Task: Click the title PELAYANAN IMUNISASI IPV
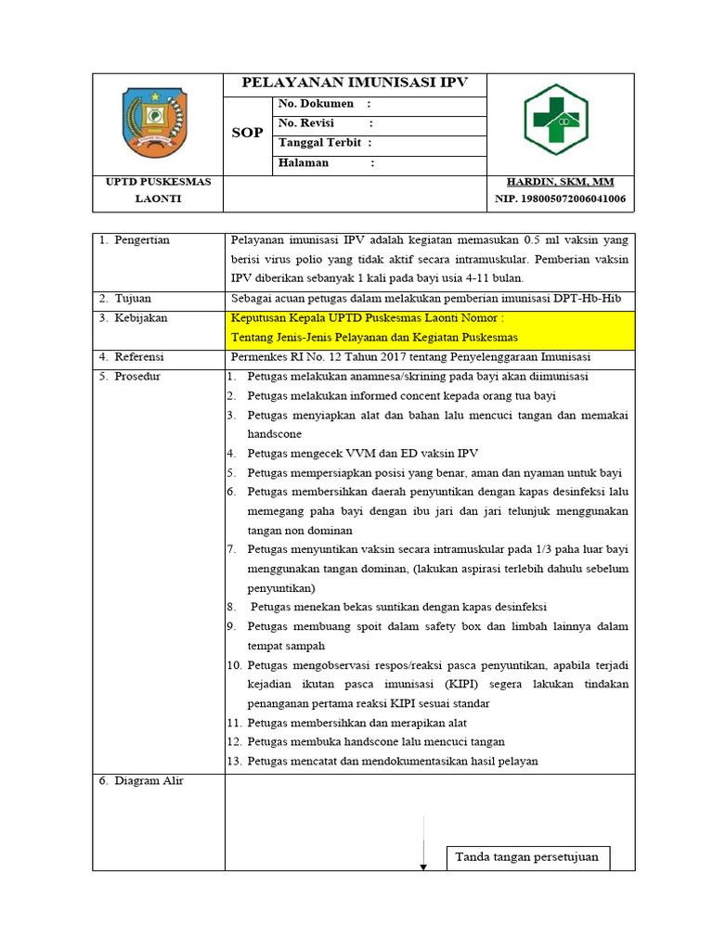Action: click(x=355, y=83)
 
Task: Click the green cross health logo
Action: click(x=555, y=121)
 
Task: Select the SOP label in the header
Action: click(x=247, y=133)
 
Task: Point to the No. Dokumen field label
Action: click(x=316, y=104)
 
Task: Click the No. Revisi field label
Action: click(x=306, y=123)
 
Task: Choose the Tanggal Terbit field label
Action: click(x=318, y=143)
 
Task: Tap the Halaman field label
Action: click(x=304, y=163)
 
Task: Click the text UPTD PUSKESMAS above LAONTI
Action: click(x=158, y=182)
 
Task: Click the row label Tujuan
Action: click(x=133, y=299)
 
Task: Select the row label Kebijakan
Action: click(x=140, y=318)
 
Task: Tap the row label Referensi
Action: click(x=139, y=357)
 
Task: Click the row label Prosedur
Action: click(x=137, y=377)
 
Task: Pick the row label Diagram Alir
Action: click(x=149, y=781)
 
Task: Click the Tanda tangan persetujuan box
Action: click(x=526, y=857)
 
